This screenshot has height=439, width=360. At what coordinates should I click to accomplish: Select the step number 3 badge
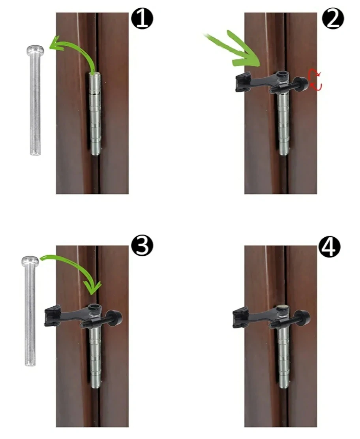(142, 245)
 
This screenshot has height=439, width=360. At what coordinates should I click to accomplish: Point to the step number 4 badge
(330, 246)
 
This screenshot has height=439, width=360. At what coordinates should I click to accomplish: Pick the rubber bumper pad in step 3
(52, 316)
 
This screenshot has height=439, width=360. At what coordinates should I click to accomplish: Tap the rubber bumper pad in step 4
(240, 317)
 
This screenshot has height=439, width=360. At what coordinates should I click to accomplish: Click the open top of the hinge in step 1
(95, 74)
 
